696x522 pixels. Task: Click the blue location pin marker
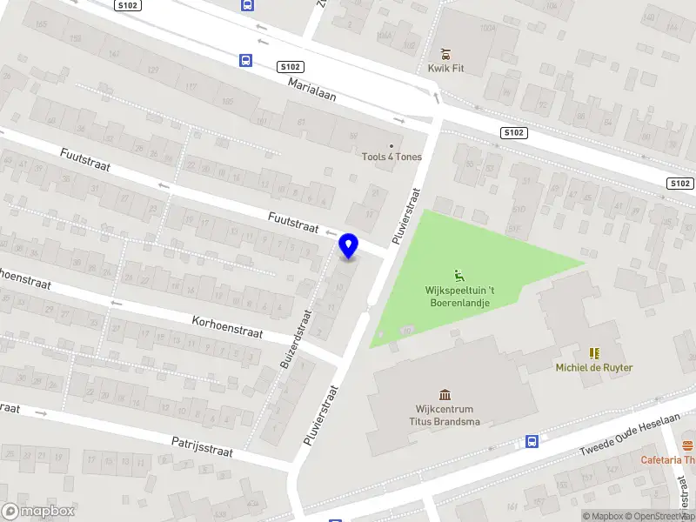coord(349,247)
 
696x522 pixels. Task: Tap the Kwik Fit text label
coord(445,69)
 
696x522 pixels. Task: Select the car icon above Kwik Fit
coord(445,53)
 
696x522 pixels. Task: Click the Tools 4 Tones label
coord(391,157)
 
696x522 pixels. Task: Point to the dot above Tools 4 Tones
coord(391,146)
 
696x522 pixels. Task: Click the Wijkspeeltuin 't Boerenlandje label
coord(458,297)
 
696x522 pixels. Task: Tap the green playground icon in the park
coord(458,277)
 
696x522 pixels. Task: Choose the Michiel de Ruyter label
coord(594,367)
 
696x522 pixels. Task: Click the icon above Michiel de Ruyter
coord(594,353)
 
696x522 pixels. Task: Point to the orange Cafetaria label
coord(668,460)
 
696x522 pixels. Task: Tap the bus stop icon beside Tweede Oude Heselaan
coord(532,441)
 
